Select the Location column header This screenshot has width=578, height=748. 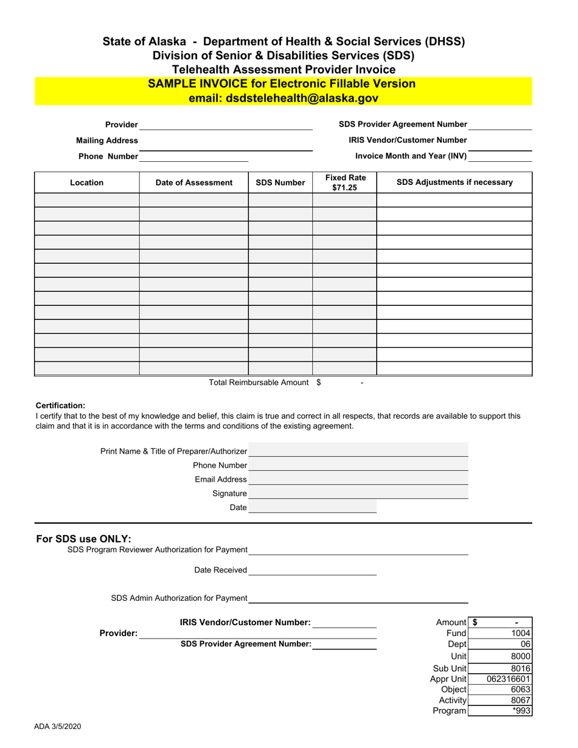86,182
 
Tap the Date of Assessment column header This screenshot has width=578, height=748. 193,182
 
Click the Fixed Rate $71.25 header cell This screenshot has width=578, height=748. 344,182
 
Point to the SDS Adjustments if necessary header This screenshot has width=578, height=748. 454,182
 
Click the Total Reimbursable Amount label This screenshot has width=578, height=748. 259,383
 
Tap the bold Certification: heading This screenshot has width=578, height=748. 60,406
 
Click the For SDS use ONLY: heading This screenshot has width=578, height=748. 83,539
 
